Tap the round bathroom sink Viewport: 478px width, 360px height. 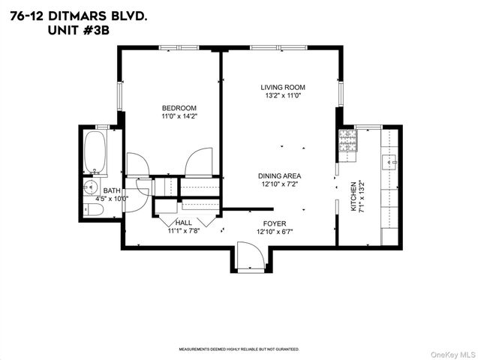pos(92,187)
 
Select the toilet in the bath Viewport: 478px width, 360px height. pos(91,210)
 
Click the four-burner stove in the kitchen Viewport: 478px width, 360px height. pos(348,141)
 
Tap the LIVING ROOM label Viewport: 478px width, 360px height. pos(283,87)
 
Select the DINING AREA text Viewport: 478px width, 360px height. pos(281,175)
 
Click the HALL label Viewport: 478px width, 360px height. pos(184,223)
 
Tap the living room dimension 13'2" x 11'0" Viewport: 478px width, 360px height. pos(283,96)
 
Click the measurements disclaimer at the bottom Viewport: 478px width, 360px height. pos(239,349)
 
